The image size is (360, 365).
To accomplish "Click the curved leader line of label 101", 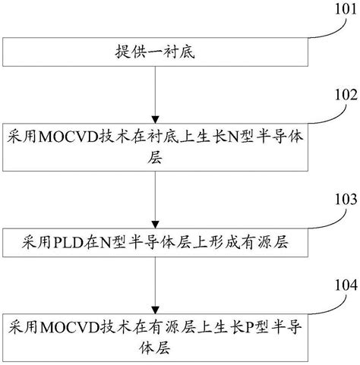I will click(327, 28).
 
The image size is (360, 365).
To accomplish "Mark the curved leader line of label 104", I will click(327, 301).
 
